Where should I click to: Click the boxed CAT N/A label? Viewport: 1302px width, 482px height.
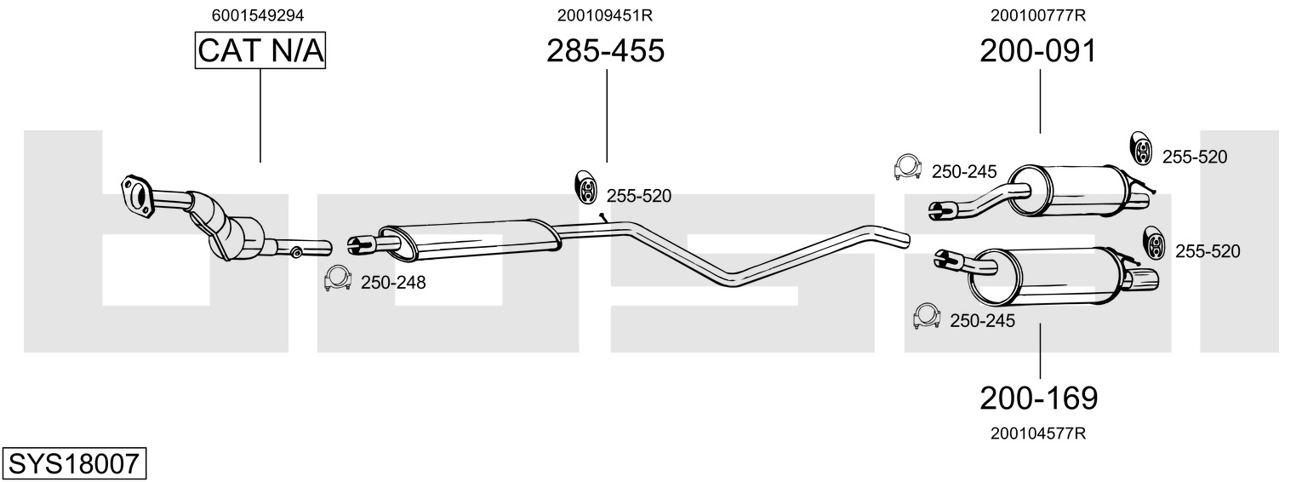pos(260,50)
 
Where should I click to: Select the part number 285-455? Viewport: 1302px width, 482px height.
pos(605,50)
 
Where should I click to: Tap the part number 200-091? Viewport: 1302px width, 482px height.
pos(1038,50)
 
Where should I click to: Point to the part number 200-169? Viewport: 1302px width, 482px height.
pos(1039,399)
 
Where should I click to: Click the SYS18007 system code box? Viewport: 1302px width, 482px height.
pos(74,463)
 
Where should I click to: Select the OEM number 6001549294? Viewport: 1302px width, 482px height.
pos(258,15)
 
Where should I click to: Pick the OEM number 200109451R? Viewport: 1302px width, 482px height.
pos(605,15)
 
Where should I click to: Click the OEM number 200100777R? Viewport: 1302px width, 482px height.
pos(1038,15)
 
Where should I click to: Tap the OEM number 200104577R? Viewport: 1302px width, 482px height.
pos(1038,433)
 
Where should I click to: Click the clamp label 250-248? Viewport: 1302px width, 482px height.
pos(393,283)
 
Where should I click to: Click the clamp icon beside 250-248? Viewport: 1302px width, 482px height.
pos(337,278)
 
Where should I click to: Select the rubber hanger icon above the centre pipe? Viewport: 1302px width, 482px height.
pos(585,186)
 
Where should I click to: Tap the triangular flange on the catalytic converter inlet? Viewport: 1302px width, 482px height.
pos(135,194)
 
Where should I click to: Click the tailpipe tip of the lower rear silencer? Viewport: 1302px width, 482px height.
pos(1142,279)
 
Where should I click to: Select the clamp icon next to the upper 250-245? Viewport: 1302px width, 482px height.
pos(908,168)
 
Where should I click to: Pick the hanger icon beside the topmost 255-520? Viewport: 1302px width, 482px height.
pos(1141,148)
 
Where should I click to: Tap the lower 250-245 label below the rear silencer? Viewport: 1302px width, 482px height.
pos(982,321)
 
